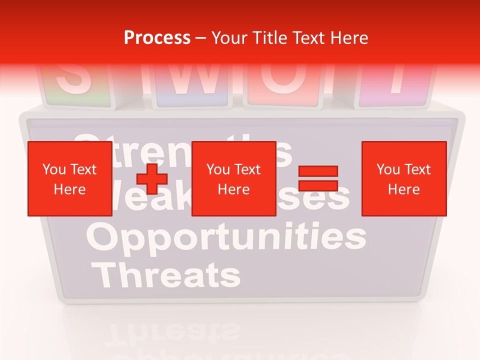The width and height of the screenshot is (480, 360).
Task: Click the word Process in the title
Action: [157, 38]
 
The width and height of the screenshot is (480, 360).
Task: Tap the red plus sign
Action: [152, 178]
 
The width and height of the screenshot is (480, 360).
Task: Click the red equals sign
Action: [318, 178]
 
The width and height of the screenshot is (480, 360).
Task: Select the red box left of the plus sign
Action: [70, 178]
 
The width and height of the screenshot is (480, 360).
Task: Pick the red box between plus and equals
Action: [233, 178]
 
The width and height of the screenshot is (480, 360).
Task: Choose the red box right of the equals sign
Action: [403, 178]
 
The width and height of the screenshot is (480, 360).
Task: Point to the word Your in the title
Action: [229, 38]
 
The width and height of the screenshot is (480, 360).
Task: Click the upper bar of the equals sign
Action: [318, 171]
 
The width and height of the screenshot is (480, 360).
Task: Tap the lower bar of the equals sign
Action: [318, 186]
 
